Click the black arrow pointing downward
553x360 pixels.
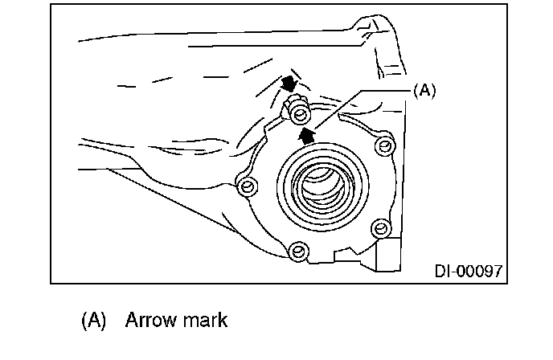pyautogui.click(x=289, y=82)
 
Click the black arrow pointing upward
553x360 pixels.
pyautogui.click(x=305, y=134)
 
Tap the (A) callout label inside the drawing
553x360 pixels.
pyautogui.click(x=424, y=91)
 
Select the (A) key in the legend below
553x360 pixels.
pyautogui.click(x=94, y=320)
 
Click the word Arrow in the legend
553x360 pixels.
pyautogui.click(x=150, y=320)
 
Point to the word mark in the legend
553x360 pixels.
pyautogui.click(x=204, y=320)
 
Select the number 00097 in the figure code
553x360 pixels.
pyautogui.click(x=480, y=272)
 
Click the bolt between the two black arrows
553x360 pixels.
pyautogui.click(x=297, y=106)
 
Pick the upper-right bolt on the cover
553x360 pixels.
pyautogui.click(x=385, y=145)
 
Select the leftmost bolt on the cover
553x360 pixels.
pyautogui.click(x=248, y=188)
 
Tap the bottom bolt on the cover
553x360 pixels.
pyautogui.click(x=298, y=252)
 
